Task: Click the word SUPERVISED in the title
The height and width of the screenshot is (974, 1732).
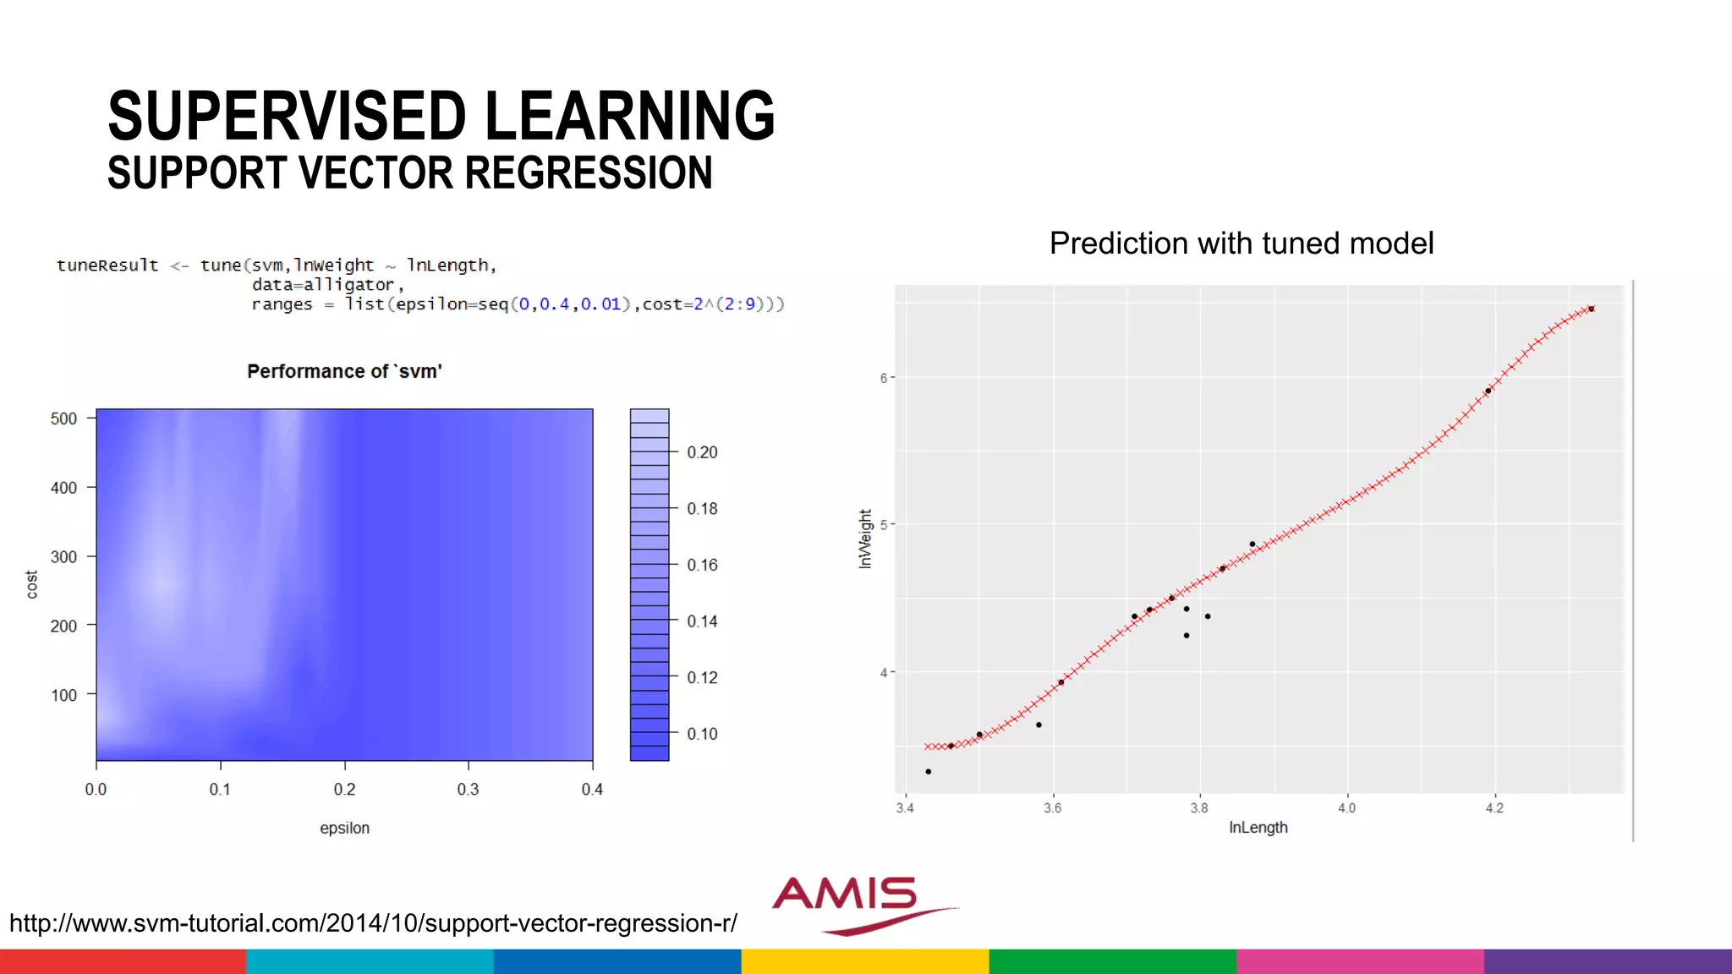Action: tap(288, 117)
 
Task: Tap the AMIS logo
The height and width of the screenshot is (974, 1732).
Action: tap(854, 902)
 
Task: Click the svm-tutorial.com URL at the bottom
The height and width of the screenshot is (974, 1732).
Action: tap(373, 922)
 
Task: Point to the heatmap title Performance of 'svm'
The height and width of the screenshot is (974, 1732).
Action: tap(344, 371)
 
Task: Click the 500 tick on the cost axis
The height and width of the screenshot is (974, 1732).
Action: tap(63, 419)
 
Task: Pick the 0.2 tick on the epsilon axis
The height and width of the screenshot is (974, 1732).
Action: tap(344, 789)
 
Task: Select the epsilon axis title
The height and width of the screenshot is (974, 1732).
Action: tap(344, 828)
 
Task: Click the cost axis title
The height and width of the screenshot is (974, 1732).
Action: tap(32, 584)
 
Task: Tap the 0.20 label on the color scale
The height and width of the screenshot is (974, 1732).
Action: tap(702, 452)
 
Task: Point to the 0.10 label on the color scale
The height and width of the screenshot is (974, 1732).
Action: tap(702, 734)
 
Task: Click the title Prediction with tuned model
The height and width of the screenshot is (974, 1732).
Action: tap(1241, 243)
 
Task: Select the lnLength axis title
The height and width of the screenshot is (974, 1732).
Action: tap(1258, 828)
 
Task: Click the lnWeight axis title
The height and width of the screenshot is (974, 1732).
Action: tap(864, 539)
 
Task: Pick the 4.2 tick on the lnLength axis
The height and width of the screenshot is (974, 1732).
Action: tap(1494, 808)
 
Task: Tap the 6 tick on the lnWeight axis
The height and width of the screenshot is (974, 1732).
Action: tap(884, 378)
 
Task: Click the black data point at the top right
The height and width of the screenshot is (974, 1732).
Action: tap(1591, 309)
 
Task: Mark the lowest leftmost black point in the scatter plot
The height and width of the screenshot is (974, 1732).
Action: tap(928, 772)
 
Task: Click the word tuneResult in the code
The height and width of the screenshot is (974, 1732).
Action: tap(107, 265)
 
